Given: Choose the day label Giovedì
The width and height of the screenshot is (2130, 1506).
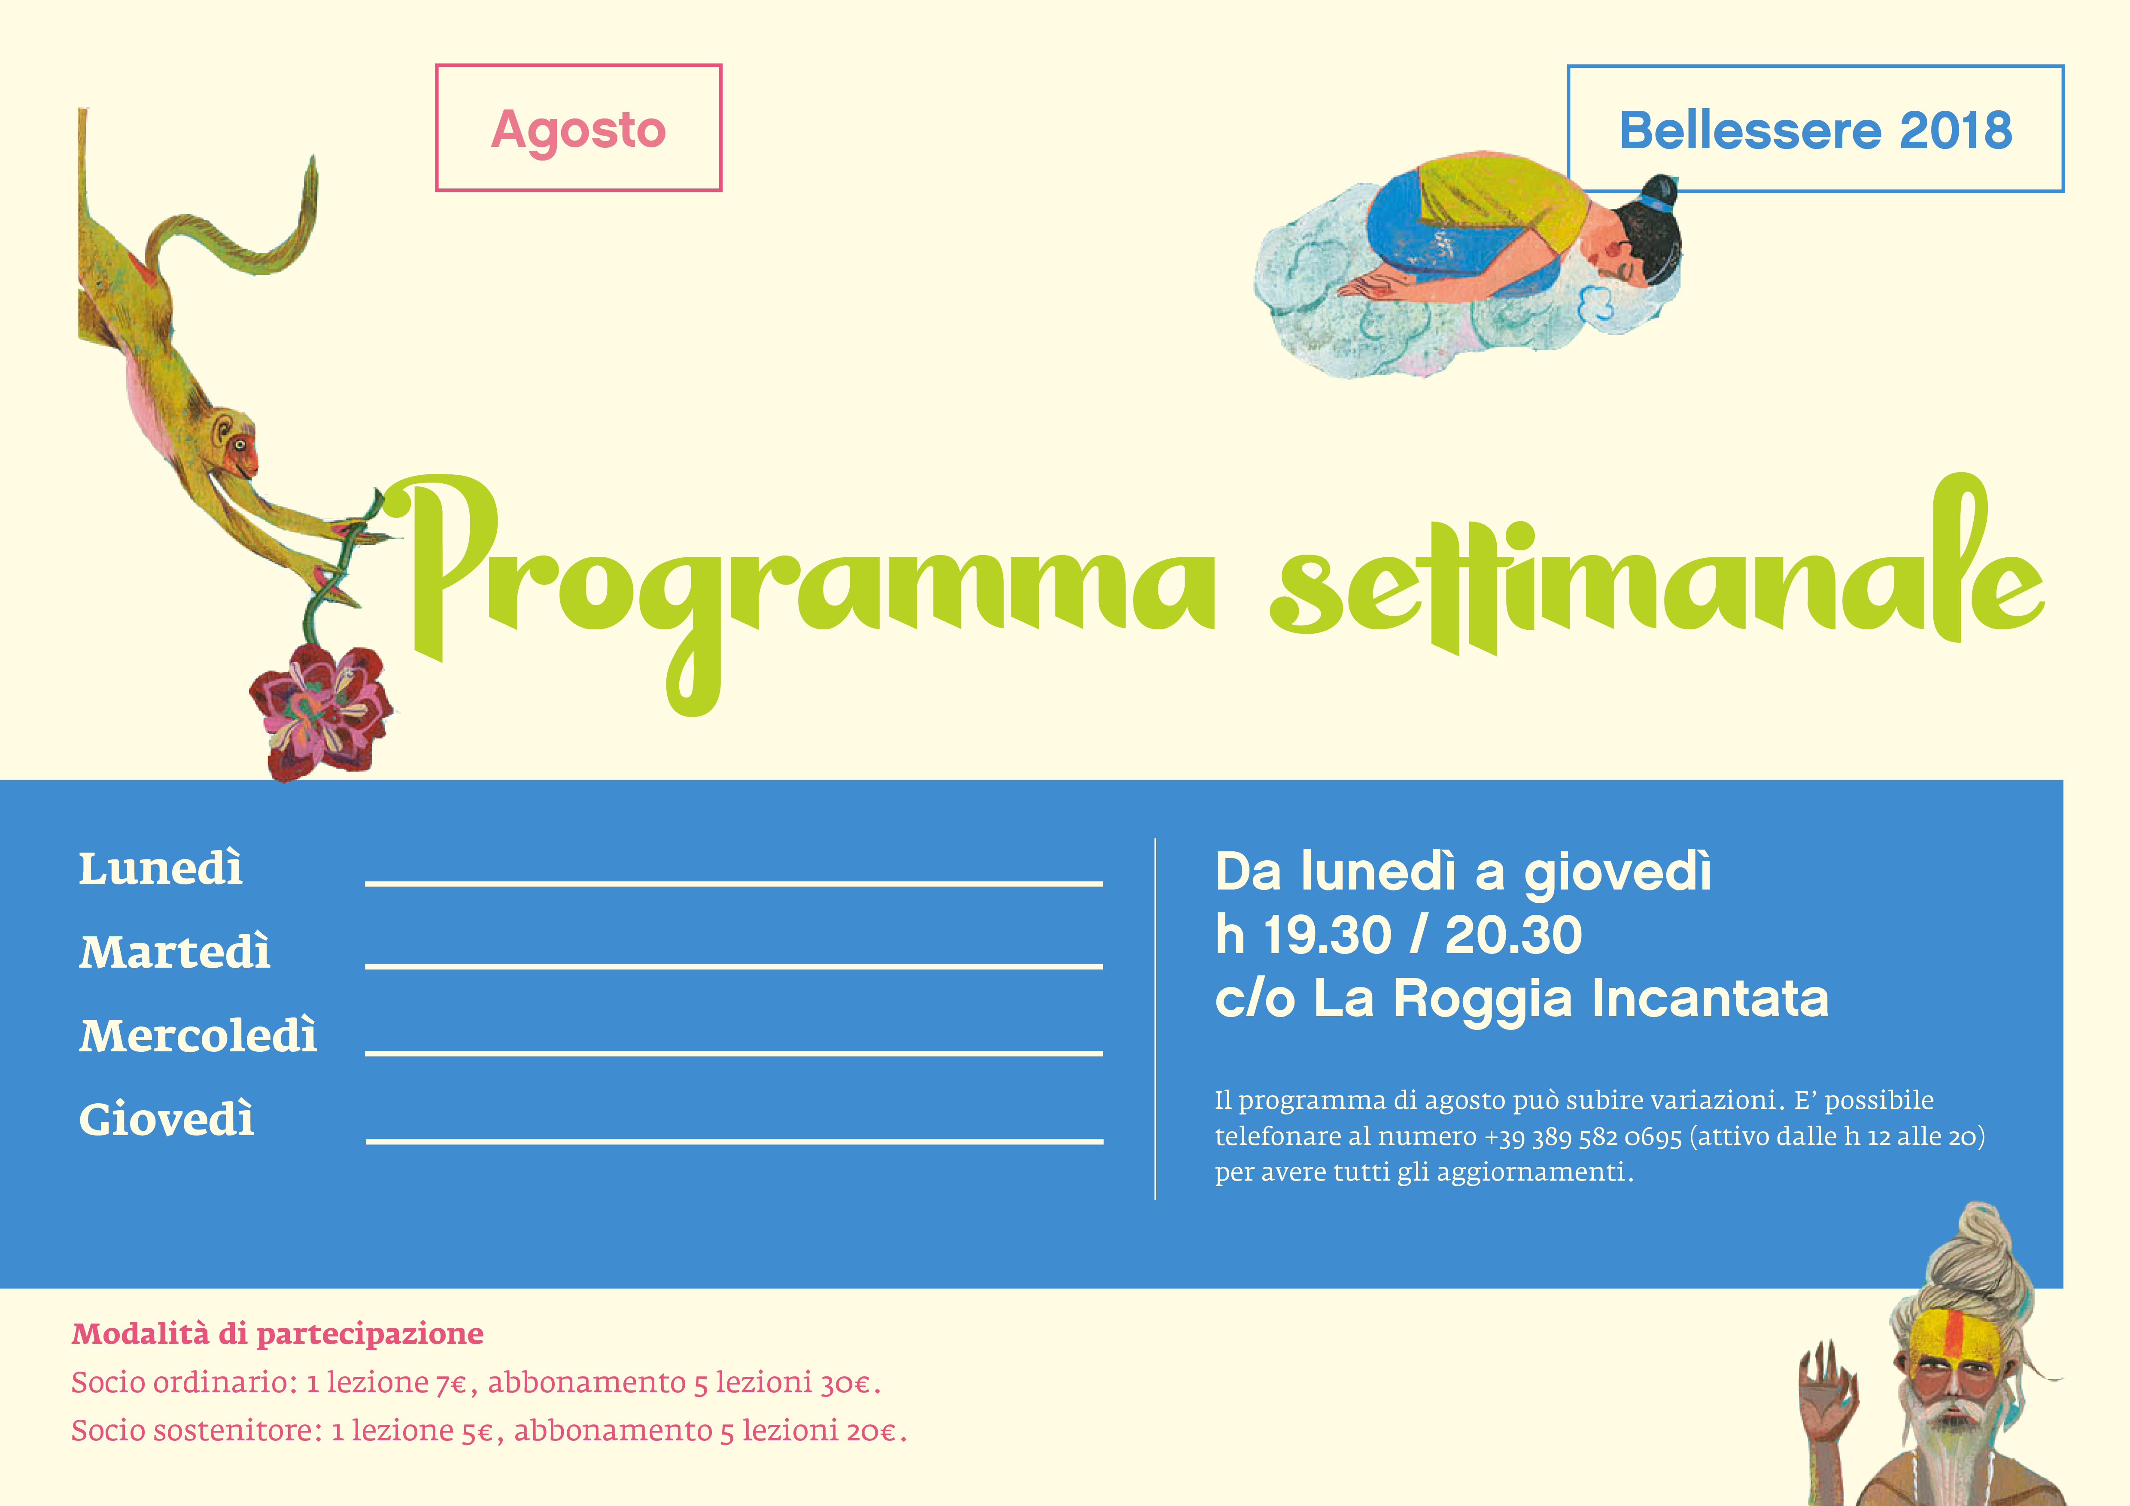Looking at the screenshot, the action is pyautogui.click(x=166, y=1119).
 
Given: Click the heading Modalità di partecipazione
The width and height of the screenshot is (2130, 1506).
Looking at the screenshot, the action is pyautogui.click(x=277, y=1333).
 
